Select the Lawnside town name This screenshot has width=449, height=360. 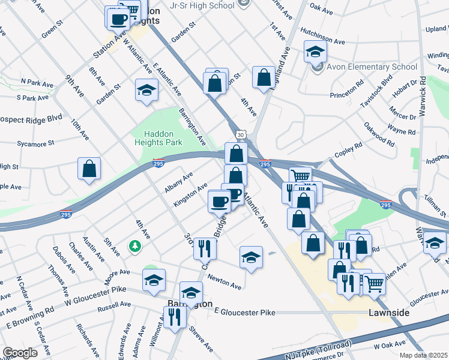388,313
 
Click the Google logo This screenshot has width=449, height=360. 20,352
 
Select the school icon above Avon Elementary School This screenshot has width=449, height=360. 315,52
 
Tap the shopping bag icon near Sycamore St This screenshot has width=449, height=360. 89,169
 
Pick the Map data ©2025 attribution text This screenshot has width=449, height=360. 424,355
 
